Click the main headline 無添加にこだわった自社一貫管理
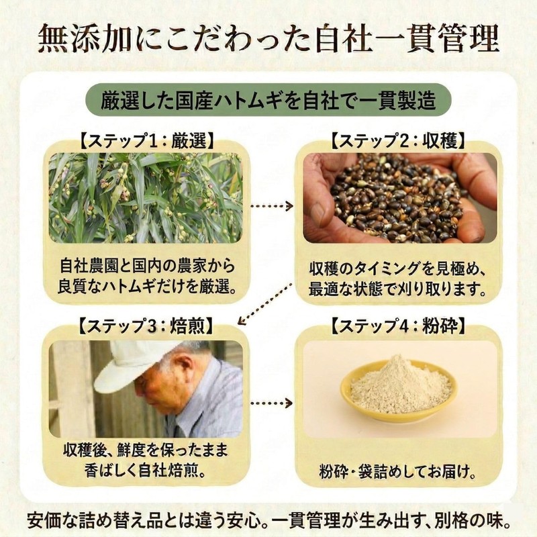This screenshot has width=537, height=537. coord(268,38)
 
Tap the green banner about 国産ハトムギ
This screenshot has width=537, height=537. coord(268,101)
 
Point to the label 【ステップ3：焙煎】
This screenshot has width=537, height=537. coord(146,326)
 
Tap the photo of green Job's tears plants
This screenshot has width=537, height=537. coord(146,198)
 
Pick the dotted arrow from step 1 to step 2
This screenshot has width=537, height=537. coord(272,206)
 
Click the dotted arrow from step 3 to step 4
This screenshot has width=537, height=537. coord(272,403)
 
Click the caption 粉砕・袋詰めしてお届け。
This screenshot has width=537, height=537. coord(398,473)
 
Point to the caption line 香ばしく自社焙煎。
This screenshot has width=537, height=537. coord(146,471)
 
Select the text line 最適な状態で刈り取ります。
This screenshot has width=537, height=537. coord(398,290)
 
